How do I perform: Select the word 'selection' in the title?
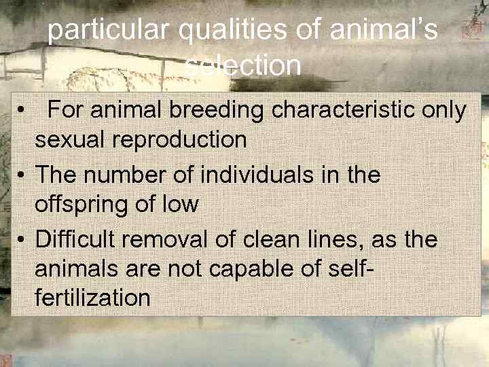pos(242,66)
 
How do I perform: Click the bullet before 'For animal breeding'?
pos(22,110)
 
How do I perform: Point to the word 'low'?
pos(183,204)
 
